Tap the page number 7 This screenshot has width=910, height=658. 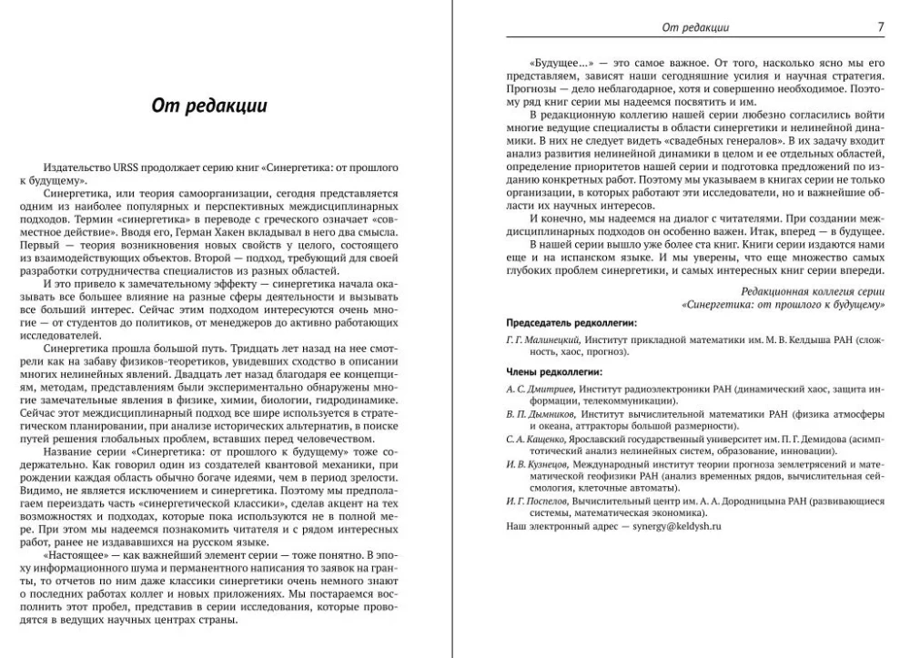coord(880,27)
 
